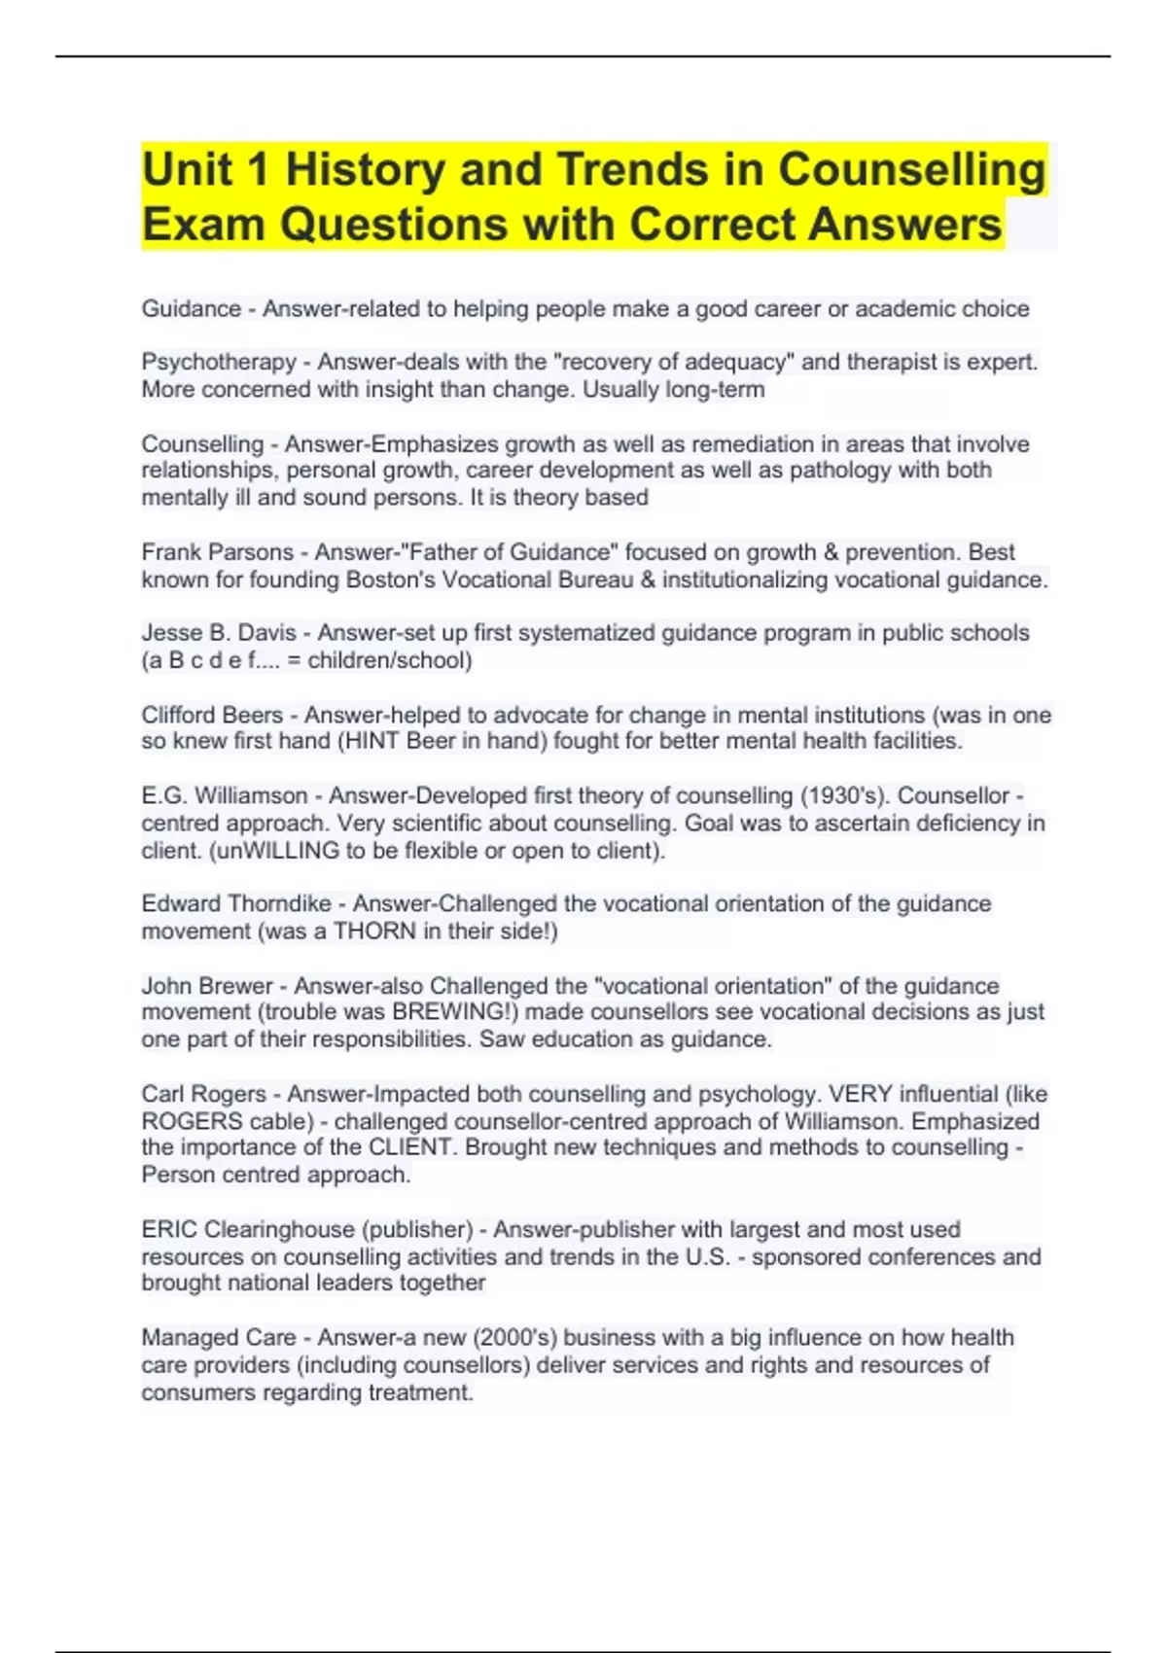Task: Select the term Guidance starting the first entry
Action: pyautogui.click(x=192, y=309)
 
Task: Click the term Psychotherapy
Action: pyautogui.click(x=219, y=362)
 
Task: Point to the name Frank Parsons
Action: pyautogui.click(x=217, y=552)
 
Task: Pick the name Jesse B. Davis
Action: pyautogui.click(x=219, y=633)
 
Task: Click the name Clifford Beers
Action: pyautogui.click(x=212, y=716)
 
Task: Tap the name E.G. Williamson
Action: pyautogui.click(x=225, y=796)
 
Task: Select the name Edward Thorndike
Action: pyautogui.click(x=236, y=904)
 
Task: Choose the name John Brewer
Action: pyautogui.click(x=206, y=986)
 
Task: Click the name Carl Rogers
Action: pyautogui.click(x=203, y=1094)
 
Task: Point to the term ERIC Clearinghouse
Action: pyautogui.click(x=248, y=1230)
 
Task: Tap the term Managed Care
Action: pyautogui.click(x=219, y=1338)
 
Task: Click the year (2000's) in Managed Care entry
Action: pyautogui.click(x=514, y=1338)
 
